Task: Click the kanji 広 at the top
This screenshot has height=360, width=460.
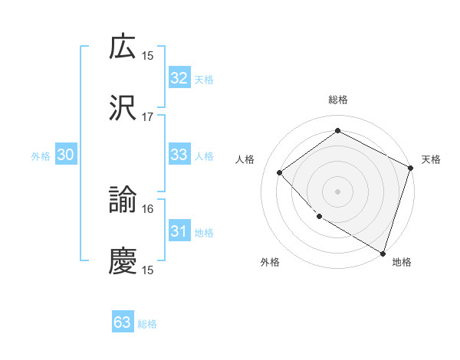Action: click(x=123, y=47)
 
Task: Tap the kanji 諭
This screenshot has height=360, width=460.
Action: click(x=123, y=201)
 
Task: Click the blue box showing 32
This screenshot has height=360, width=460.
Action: click(x=179, y=78)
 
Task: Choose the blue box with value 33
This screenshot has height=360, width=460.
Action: click(x=179, y=155)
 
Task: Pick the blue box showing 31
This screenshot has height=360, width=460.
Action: click(x=179, y=231)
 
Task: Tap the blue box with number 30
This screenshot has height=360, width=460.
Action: click(x=66, y=155)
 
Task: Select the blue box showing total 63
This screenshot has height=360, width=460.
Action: click(x=123, y=322)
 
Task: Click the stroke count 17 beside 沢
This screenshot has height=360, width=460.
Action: click(x=148, y=117)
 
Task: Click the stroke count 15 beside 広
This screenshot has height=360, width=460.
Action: click(x=148, y=56)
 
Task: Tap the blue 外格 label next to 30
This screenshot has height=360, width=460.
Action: click(x=41, y=156)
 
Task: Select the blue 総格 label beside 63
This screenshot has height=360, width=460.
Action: click(x=148, y=324)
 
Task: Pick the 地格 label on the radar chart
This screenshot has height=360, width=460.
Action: click(x=402, y=262)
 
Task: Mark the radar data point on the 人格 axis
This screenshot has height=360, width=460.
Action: click(x=280, y=172)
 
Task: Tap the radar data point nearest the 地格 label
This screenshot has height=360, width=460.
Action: click(x=383, y=253)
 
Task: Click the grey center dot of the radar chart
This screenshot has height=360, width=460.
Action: click(x=337, y=191)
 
